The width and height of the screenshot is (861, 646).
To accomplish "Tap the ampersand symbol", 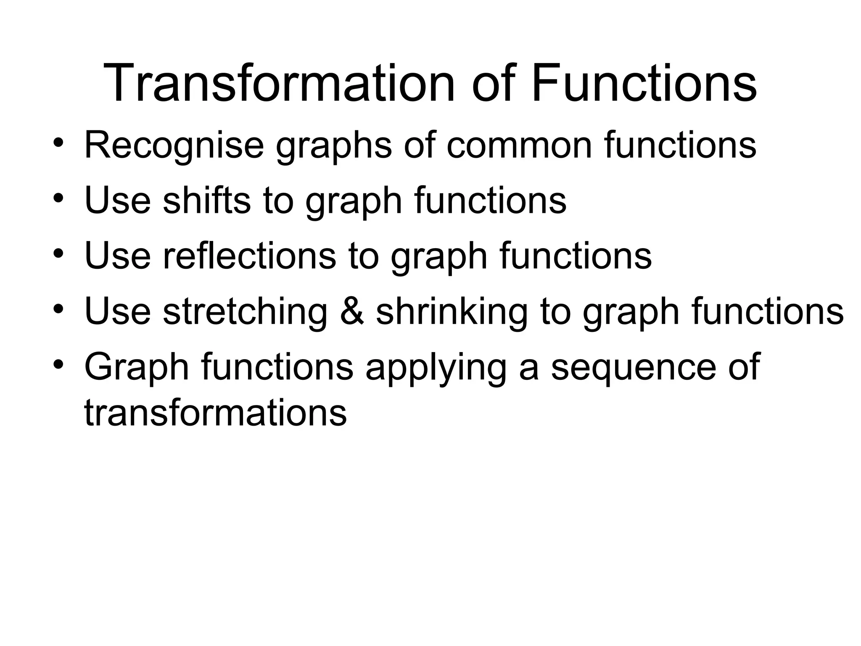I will click(x=352, y=312).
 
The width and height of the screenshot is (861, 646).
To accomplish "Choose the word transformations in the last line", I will click(x=215, y=413).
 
